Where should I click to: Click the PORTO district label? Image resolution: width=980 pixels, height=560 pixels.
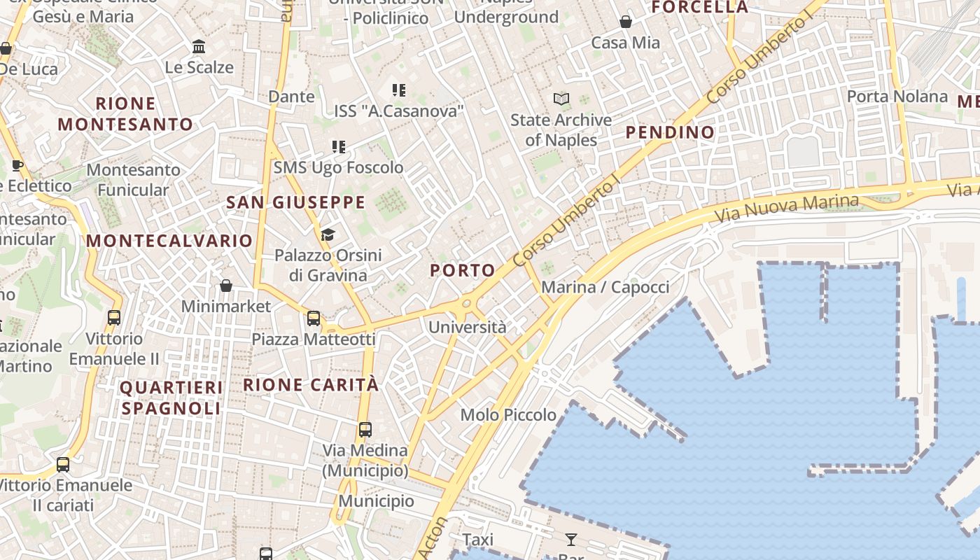click(x=463, y=270)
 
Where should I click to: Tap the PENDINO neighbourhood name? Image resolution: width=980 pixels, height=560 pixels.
click(x=670, y=132)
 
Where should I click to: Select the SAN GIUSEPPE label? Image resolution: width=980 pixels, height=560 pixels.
click(x=295, y=203)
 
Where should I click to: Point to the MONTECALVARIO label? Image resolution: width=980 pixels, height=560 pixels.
click(x=169, y=241)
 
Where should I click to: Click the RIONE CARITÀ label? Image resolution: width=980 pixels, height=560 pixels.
click(x=311, y=385)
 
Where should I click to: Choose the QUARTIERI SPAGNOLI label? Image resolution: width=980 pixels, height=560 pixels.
click(x=171, y=398)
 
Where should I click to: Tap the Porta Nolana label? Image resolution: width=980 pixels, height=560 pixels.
click(x=897, y=97)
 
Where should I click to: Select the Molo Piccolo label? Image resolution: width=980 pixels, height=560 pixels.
click(x=508, y=415)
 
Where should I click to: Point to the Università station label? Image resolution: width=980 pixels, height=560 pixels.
click(x=467, y=327)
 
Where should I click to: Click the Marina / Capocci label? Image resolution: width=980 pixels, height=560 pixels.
click(x=605, y=287)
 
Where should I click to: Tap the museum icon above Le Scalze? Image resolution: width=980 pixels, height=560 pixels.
click(x=199, y=47)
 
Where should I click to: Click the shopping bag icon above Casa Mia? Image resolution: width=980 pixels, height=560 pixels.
click(x=626, y=22)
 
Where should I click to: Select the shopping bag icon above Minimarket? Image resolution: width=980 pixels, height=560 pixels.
click(x=225, y=286)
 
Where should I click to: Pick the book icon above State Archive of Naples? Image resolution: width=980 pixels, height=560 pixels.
click(x=561, y=99)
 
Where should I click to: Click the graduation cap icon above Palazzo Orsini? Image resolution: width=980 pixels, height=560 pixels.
click(x=328, y=234)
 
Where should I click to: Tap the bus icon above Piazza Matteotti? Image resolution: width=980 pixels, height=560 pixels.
click(x=314, y=318)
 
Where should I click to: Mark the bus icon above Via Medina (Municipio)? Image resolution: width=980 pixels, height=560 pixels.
click(x=365, y=429)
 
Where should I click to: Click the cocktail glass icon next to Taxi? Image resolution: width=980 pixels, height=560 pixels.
click(x=571, y=539)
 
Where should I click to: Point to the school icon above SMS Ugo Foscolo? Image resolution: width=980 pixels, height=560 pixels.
click(x=339, y=147)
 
